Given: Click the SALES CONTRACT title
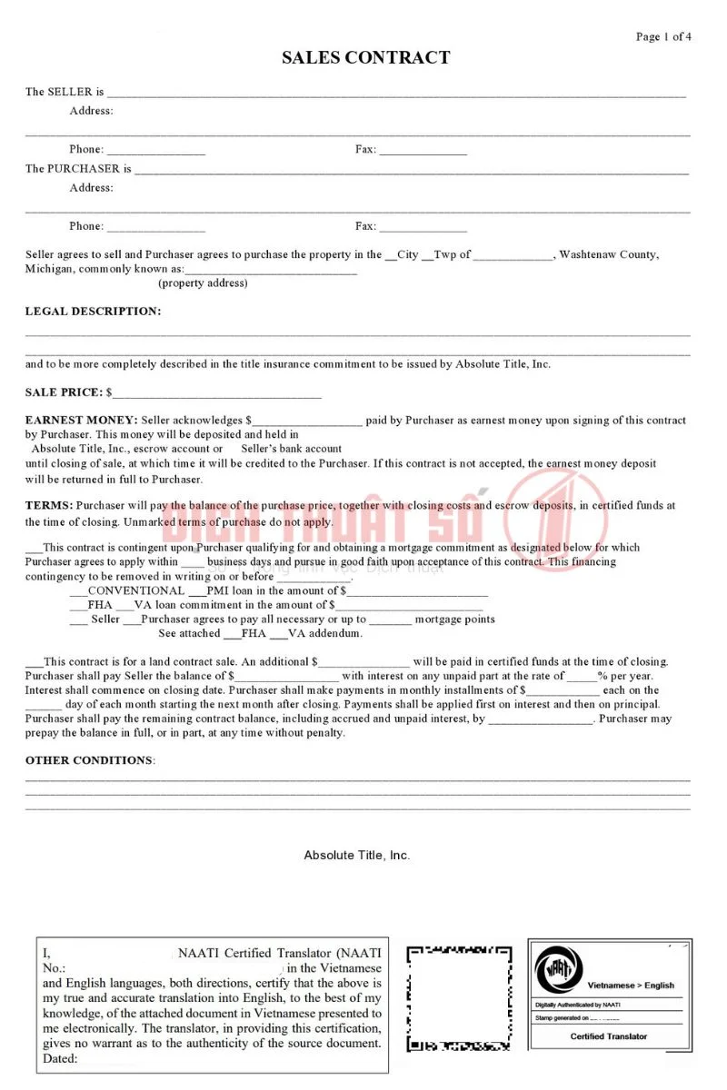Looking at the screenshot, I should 365,58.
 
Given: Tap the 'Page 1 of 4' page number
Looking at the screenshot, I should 663,36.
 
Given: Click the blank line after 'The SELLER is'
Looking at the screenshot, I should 396,94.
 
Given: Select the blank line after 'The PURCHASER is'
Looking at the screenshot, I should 411,171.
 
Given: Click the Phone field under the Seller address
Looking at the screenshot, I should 155,151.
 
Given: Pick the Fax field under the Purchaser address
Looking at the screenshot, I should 423,228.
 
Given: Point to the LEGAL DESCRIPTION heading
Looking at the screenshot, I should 93,312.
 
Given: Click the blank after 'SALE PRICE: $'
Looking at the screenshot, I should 217,395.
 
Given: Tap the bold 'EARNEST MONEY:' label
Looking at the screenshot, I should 81,421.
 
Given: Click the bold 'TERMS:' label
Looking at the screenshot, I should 49,505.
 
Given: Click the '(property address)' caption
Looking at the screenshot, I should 203,283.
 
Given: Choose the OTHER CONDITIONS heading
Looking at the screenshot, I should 89,760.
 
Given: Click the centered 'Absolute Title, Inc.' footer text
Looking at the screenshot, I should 357,856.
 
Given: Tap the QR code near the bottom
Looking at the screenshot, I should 458,997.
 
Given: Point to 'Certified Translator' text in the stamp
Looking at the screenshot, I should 609,1036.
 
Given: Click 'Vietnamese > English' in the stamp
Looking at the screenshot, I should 631,985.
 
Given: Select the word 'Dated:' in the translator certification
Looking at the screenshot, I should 60,1058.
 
